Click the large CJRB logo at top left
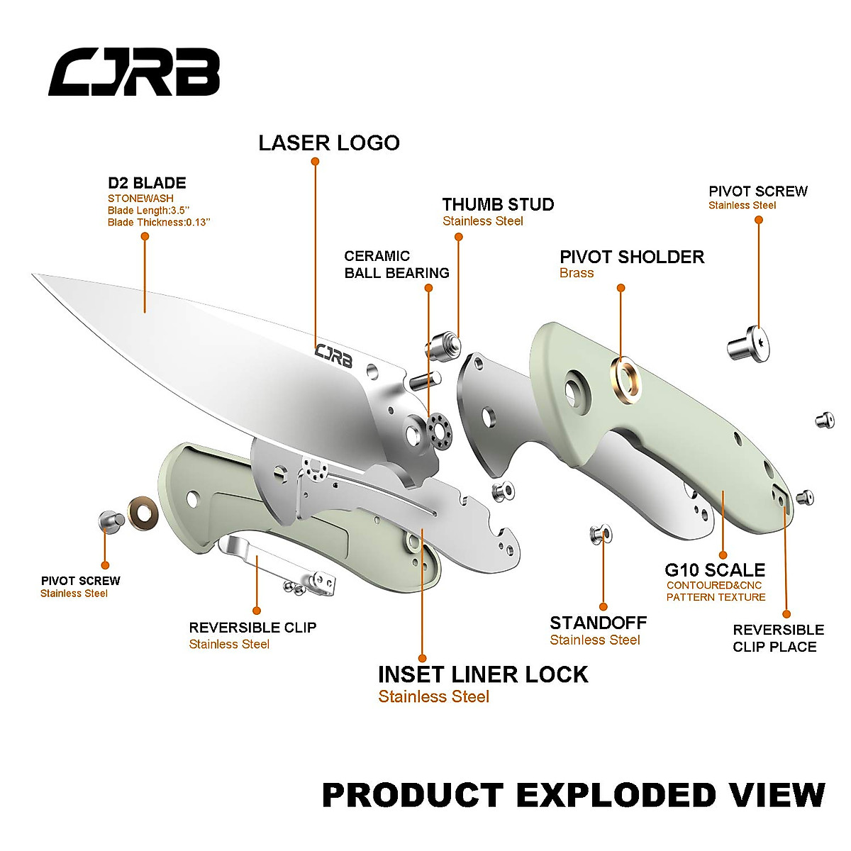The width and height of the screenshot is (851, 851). click(x=134, y=72)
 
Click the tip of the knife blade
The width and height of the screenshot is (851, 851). click(x=35, y=276)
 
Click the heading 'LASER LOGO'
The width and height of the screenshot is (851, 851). click(x=329, y=143)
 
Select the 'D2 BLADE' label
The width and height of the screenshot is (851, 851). click(x=147, y=183)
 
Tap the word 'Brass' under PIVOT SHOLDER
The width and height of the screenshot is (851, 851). click(x=577, y=274)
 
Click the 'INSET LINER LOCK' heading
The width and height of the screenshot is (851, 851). click(x=483, y=674)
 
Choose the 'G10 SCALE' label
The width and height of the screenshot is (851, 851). click(x=715, y=570)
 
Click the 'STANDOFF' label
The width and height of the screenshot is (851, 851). click(x=599, y=623)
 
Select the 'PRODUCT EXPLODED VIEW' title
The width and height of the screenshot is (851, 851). click(x=574, y=796)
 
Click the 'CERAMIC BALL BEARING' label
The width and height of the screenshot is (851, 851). click(x=396, y=265)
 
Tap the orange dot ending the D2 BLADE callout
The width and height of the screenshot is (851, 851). click(x=145, y=236)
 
